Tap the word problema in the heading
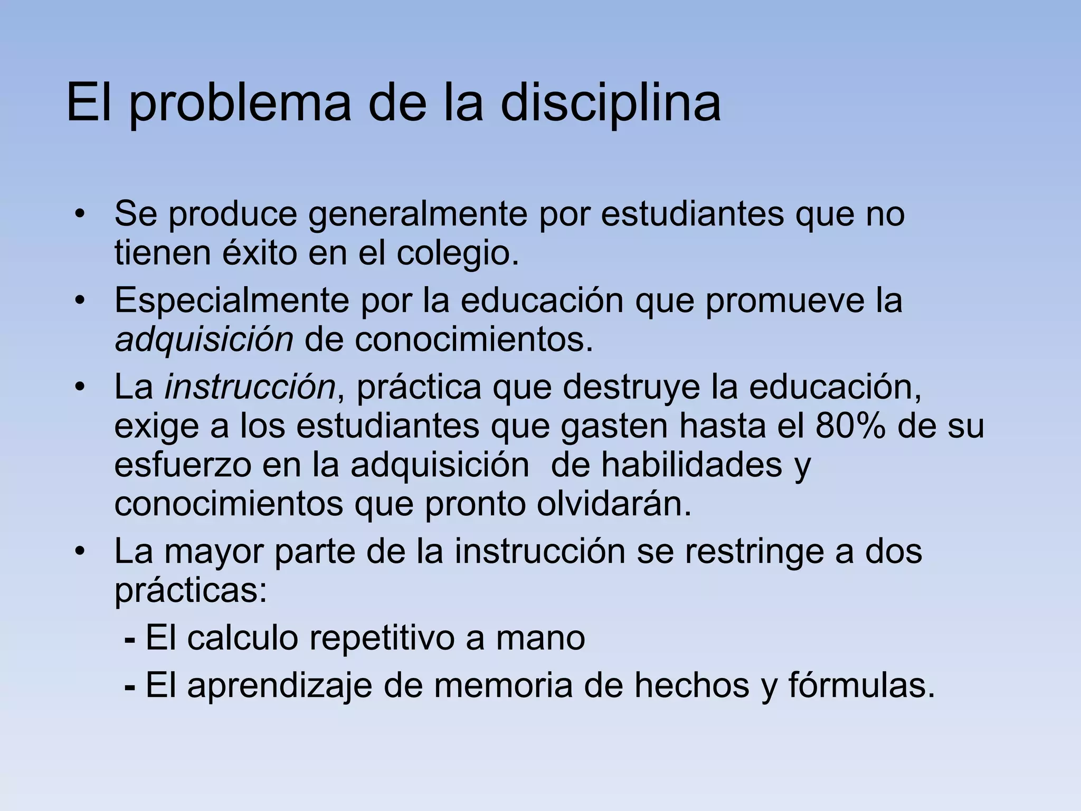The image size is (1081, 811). click(240, 103)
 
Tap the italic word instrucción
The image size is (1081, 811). click(250, 387)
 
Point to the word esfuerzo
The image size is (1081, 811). click(182, 465)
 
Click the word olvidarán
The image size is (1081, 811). click(614, 504)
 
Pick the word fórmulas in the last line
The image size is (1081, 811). click(861, 685)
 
